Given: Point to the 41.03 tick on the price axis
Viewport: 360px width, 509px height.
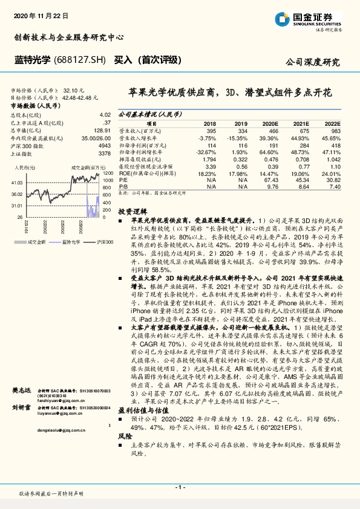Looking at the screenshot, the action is coord(18,183).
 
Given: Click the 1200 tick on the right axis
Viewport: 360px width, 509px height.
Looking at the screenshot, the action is coord(108,173).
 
